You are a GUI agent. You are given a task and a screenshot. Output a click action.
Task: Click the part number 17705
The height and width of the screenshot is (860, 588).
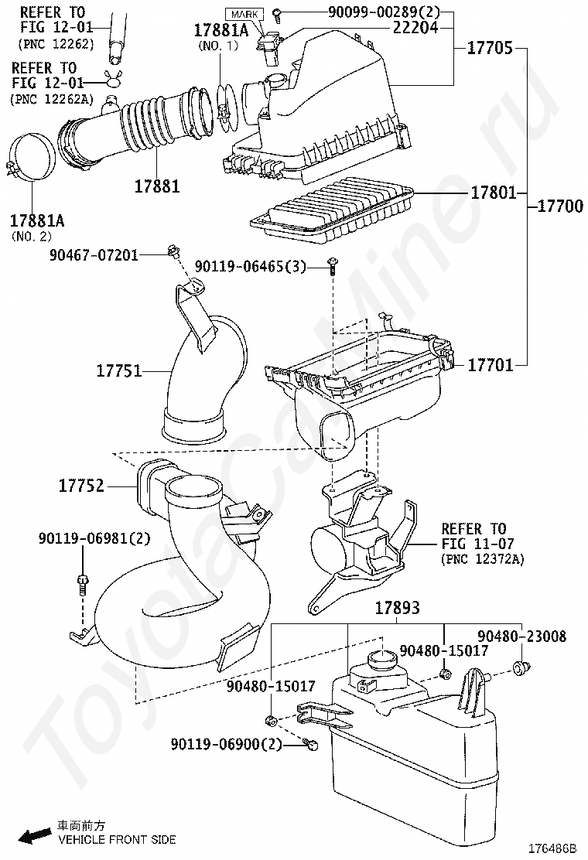[489, 48]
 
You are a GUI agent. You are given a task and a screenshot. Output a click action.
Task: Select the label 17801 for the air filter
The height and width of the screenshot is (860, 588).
[494, 193]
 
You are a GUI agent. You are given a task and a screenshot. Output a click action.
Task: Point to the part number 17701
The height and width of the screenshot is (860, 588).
[490, 364]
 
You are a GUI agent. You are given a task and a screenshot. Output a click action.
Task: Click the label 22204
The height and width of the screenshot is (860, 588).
[415, 28]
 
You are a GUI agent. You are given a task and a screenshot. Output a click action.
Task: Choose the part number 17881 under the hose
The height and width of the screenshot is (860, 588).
[156, 186]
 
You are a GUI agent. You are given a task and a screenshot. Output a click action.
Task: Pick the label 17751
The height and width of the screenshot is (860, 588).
[119, 371]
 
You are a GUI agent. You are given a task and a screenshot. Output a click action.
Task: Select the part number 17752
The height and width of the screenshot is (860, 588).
[82, 486]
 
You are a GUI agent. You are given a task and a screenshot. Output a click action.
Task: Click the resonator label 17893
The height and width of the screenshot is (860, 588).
[397, 609]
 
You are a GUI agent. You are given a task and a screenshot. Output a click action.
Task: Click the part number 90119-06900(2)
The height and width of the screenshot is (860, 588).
[225, 744]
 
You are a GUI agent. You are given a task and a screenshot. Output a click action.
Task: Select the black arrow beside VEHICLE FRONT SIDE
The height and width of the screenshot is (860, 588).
[34, 835]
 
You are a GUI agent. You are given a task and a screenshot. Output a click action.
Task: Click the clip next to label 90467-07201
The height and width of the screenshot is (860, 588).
[173, 251]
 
